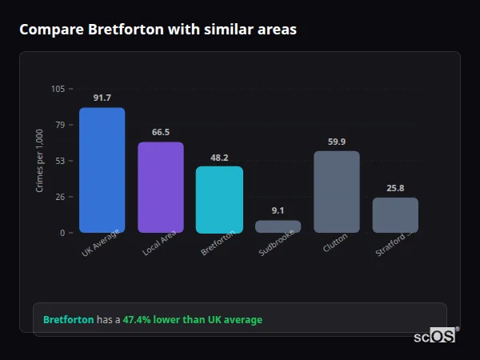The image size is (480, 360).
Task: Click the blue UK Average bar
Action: [x=102, y=170]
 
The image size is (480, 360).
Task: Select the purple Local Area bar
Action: [x=161, y=187]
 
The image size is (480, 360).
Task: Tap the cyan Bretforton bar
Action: [x=219, y=199]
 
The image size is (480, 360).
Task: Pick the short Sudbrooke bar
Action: [x=278, y=226]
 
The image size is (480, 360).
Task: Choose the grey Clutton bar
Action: [x=337, y=192]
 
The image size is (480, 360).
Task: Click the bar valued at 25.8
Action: [x=395, y=215]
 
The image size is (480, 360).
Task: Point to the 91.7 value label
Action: [x=102, y=98]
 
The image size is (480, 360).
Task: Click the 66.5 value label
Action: [x=161, y=132]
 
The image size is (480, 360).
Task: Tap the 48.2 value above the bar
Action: [x=219, y=158]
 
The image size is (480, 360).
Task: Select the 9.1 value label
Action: [x=278, y=210]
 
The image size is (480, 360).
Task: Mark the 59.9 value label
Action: [x=337, y=142]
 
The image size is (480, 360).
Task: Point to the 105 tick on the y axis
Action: [x=58, y=89]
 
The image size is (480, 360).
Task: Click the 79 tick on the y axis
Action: [x=60, y=125]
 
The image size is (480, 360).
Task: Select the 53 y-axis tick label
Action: [x=60, y=161]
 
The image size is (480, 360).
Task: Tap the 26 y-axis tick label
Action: [x=60, y=197]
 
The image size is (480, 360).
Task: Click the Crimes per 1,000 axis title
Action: [x=40, y=161]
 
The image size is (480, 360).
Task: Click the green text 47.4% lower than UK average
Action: [x=192, y=320]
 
